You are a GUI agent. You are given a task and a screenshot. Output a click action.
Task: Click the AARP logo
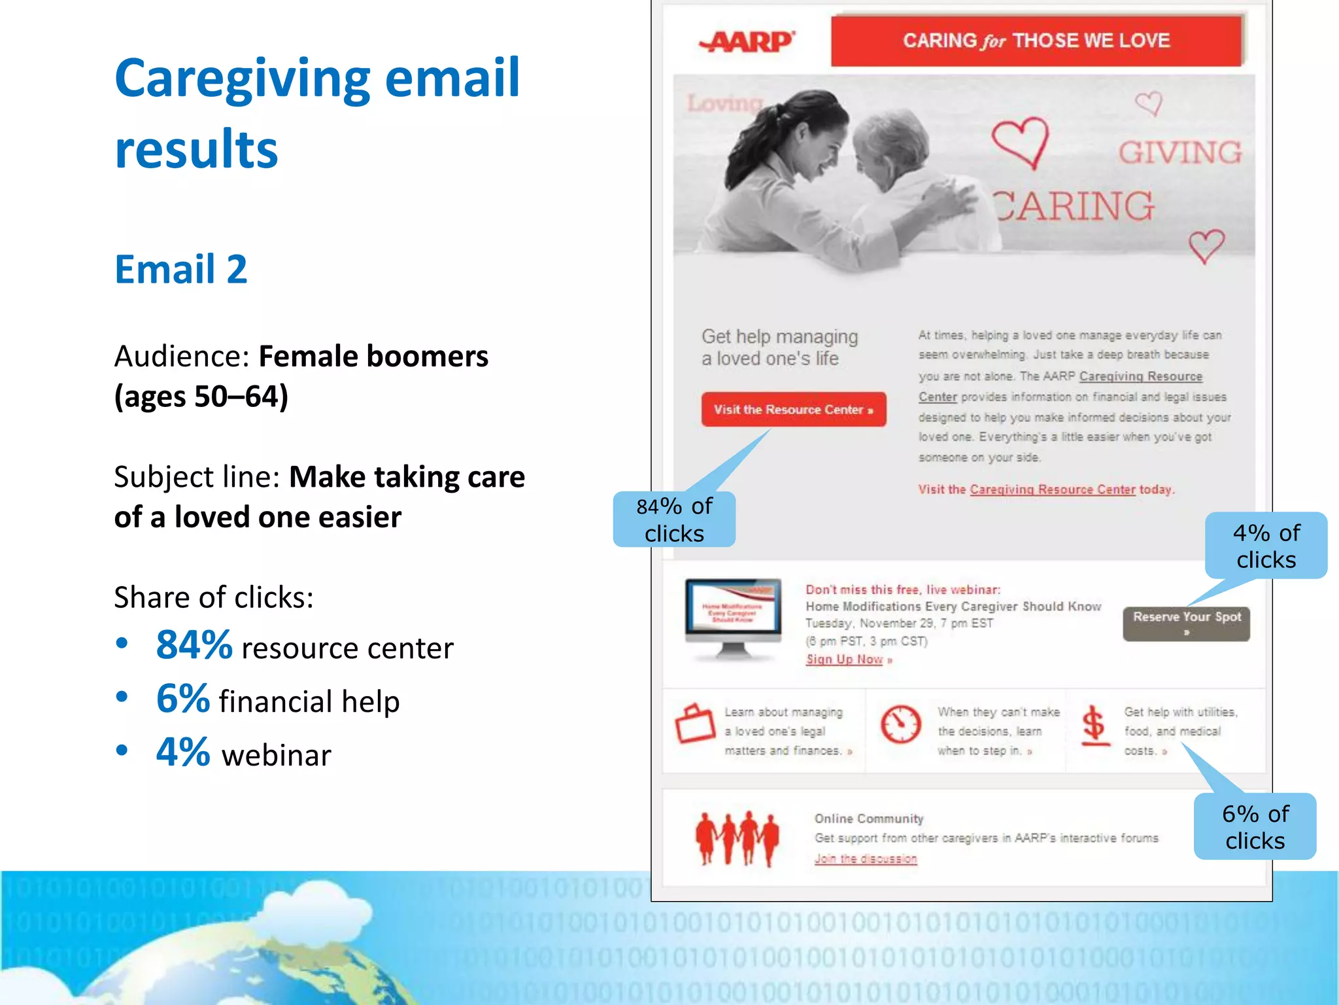click(x=748, y=41)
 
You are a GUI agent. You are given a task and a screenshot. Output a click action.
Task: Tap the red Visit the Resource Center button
click(x=793, y=410)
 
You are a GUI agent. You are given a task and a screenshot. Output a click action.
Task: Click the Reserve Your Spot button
click(x=1186, y=623)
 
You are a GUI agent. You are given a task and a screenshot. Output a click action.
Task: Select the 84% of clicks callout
click(x=674, y=520)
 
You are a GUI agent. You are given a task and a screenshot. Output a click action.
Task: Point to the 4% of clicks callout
click(x=1266, y=546)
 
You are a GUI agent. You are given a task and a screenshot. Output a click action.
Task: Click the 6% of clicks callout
click(x=1255, y=826)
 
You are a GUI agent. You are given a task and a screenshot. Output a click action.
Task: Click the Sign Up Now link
click(x=845, y=659)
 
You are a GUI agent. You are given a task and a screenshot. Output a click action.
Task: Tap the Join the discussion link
click(x=865, y=858)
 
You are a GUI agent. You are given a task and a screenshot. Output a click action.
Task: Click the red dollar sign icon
click(x=1094, y=725)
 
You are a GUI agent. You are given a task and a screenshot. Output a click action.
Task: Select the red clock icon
click(x=900, y=724)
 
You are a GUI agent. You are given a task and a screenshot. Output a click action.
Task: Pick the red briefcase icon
click(x=695, y=724)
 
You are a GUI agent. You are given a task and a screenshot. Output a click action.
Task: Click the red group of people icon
click(x=737, y=837)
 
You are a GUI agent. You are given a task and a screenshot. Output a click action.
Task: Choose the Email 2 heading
click(x=181, y=269)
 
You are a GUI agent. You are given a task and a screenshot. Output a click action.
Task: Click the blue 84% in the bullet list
click(x=194, y=644)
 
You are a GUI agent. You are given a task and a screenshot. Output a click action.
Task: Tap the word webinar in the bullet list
click(x=276, y=755)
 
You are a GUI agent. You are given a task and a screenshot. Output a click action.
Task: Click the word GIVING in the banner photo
click(x=1179, y=152)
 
